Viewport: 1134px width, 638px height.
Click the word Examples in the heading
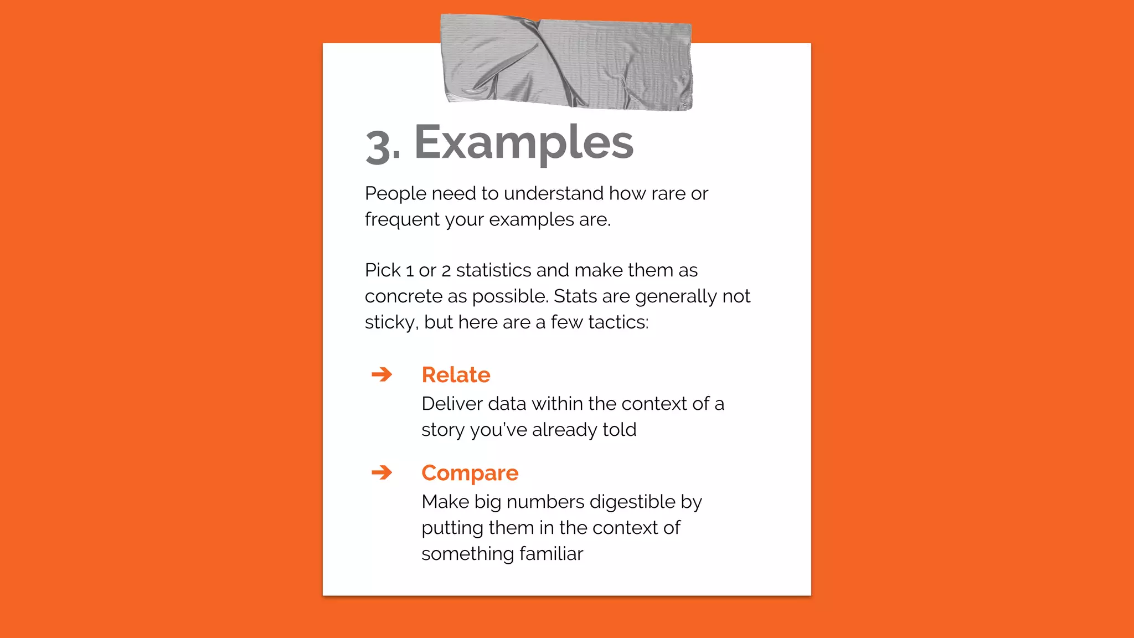(523, 142)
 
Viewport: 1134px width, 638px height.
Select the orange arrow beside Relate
(382, 375)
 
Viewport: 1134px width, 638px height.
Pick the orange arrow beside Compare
(382, 473)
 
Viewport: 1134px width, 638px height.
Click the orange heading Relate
(456, 375)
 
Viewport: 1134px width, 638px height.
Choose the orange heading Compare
(470, 473)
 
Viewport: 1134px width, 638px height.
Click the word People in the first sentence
(395, 194)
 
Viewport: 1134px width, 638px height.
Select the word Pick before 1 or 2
(383, 270)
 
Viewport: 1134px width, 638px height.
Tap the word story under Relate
(443, 430)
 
